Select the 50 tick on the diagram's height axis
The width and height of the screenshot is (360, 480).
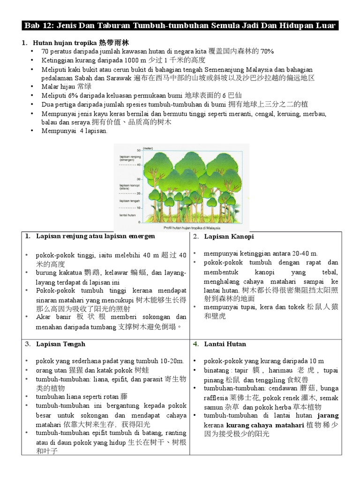[139, 150]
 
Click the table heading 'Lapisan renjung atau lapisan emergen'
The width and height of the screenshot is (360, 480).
[95, 236]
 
